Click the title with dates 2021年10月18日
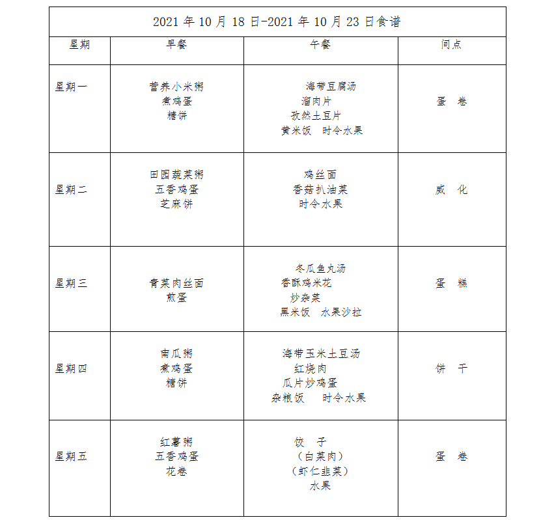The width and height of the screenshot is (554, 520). (x=277, y=21)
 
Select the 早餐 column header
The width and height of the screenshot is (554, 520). (x=176, y=44)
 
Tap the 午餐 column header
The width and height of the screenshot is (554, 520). (x=320, y=44)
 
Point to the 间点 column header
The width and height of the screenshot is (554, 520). (x=451, y=44)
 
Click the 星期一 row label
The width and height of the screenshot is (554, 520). (x=71, y=87)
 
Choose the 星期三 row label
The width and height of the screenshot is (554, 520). (x=71, y=283)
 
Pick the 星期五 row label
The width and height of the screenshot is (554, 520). (x=71, y=456)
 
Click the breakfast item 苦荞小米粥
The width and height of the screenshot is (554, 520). (x=176, y=87)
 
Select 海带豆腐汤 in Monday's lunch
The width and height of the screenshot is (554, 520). (x=331, y=86)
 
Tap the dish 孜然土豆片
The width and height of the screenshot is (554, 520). (x=316, y=116)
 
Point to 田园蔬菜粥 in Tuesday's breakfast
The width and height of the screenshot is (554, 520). (x=176, y=174)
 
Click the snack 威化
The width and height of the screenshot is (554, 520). (x=451, y=190)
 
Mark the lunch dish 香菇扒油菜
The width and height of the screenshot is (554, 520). (x=320, y=189)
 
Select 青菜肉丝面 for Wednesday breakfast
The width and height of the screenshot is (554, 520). (x=176, y=283)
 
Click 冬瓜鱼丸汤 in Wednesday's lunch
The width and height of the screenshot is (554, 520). (x=320, y=268)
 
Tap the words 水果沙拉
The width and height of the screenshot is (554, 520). (x=341, y=312)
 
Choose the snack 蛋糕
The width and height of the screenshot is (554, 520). (x=451, y=283)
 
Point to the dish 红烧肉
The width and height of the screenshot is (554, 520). (x=311, y=368)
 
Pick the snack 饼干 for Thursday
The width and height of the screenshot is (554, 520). (x=451, y=368)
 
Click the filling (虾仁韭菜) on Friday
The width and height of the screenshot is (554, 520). (x=320, y=471)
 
